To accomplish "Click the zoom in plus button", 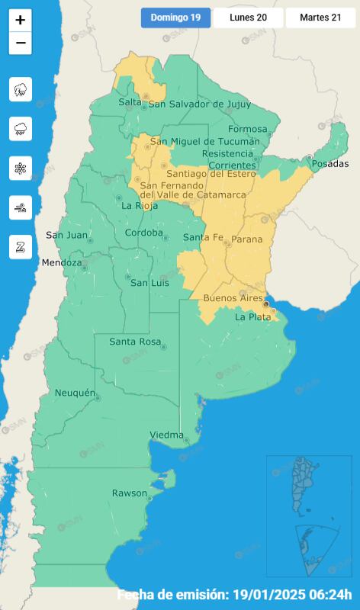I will (x=21, y=21).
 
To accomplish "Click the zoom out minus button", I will (x=21, y=43).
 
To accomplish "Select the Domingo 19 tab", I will (x=175, y=18).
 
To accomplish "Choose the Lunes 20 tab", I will (x=248, y=18).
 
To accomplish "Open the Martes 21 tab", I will (x=320, y=18).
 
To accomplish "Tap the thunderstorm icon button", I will (x=21, y=89).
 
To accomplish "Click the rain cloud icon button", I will (x=21, y=129).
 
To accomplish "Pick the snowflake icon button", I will (x=21, y=169).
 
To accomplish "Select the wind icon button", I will (x=21, y=207).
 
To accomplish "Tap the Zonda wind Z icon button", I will (x=21, y=247).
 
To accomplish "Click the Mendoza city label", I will (x=61, y=263).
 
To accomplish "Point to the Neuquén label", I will (x=74, y=393).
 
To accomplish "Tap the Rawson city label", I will (x=129, y=493).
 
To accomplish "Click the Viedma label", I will (x=166, y=435).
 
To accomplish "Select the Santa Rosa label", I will (x=135, y=342).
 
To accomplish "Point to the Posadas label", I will (x=330, y=164).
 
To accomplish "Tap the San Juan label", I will (x=66, y=235).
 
